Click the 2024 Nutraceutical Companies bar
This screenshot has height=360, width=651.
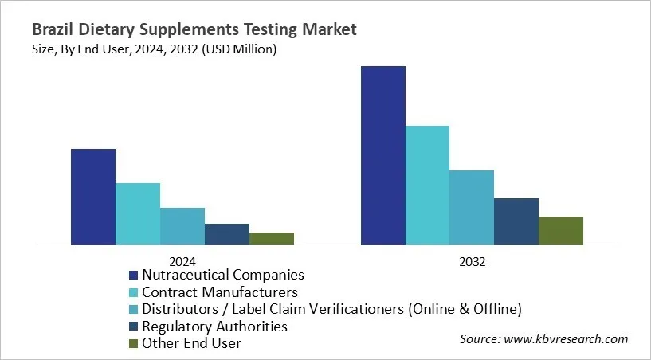pos(93,196)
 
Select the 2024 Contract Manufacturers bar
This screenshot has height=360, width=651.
pos(138,213)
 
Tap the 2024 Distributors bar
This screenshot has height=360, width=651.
pos(182,225)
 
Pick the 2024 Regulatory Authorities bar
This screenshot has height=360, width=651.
pos(227,233)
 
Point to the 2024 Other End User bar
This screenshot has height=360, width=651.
pos(272,238)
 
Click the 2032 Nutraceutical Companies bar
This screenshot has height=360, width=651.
pos(383,155)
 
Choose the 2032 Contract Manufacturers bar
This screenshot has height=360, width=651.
pos(428,185)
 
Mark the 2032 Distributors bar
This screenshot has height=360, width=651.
pos(472,207)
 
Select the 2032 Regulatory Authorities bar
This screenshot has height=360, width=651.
pos(516,221)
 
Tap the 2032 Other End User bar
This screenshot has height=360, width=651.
pos(561,230)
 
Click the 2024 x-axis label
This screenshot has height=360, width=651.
pos(182,260)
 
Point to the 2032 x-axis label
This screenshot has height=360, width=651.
pos(472,260)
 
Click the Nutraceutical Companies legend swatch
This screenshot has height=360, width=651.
pos(134,276)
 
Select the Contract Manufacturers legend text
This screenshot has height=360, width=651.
pos(220,292)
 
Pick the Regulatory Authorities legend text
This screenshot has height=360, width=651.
pos(214,327)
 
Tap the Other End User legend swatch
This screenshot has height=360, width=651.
pos(134,344)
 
